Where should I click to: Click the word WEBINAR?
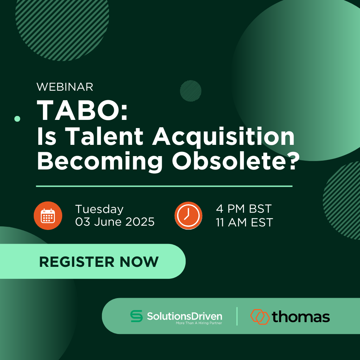(x=65, y=87)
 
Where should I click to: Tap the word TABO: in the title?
(x=82, y=110)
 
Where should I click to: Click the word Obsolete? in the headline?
(x=236, y=161)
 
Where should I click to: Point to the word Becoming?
(x=100, y=162)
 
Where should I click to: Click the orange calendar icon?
(x=48, y=216)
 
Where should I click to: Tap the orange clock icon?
(x=188, y=216)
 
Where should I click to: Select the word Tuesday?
(x=99, y=210)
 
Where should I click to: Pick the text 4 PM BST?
(x=244, y=209)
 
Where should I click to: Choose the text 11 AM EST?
(x=244, y=222)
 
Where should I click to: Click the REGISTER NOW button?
(x=93, y=261)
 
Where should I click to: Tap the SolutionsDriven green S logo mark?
(x=136, y=316)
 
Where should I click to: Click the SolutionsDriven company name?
(x=185, y=316)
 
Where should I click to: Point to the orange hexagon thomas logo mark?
(x=260, y=317)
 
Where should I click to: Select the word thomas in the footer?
(x=301, y=317)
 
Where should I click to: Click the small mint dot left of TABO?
(x=17, y=119)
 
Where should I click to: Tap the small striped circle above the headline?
(x=191, y=91)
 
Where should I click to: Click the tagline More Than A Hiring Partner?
(x=199, y=323)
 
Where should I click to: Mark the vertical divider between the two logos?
(x=237, y=316)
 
